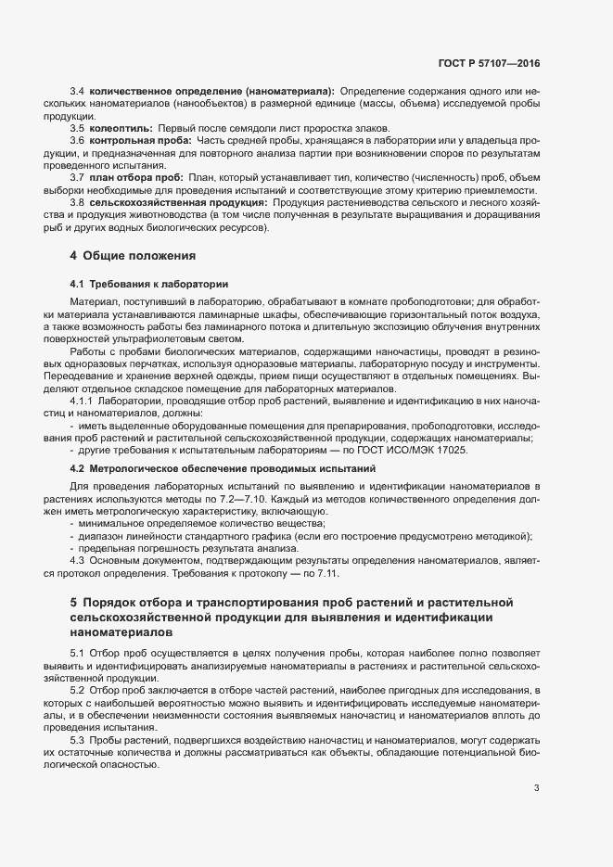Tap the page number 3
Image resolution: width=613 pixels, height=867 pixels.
(x=536, y=788)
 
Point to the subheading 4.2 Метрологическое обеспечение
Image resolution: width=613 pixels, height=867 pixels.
(x=223, y=468)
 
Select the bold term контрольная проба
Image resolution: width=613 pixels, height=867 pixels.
(x=135, y=139)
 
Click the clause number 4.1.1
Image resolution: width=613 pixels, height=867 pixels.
(x=83, y=400)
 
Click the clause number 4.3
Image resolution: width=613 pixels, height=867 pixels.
(x=78, y=561)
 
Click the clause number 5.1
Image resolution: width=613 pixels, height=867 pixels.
(x=78, y=653)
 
